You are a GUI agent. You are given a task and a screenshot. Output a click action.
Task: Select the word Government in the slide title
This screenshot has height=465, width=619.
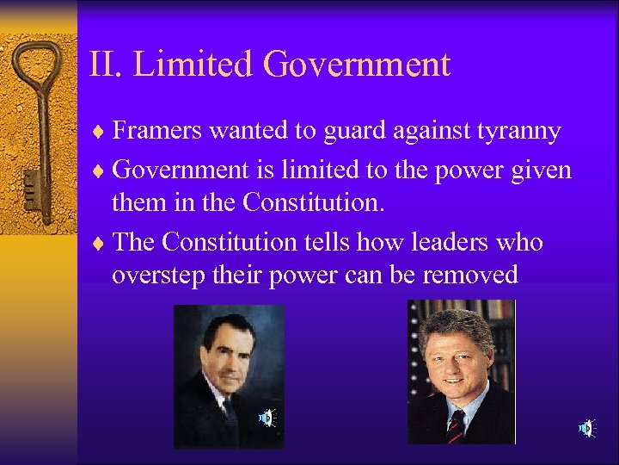357,65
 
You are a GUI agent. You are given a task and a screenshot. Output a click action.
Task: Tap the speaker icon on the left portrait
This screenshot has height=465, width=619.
267,418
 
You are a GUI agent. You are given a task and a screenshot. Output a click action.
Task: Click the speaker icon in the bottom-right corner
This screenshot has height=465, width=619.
585,427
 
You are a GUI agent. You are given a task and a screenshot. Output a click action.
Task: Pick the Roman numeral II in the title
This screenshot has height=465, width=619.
104,65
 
